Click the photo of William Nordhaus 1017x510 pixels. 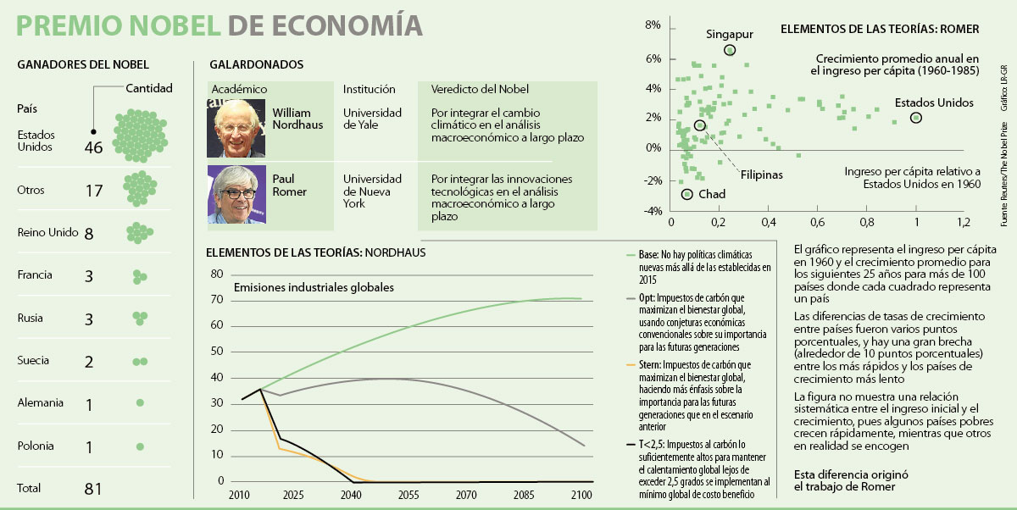(x=236, y=128)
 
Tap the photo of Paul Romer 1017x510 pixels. (x=236, y=194)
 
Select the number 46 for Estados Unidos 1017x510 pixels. (x=93, y=147)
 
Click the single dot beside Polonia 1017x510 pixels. (x=140, y=446)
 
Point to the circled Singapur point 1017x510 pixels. (x=730, y=51)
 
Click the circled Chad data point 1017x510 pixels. (x=686, y=194)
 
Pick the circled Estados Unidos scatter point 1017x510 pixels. (x=915, y=118)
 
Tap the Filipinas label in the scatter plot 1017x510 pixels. (x=761, y=175)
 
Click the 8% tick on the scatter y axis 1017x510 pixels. (x=653, y=26)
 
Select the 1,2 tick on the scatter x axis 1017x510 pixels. (x=964, y=223)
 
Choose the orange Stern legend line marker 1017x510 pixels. (x=630, y=366)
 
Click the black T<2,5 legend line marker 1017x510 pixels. (x=630, y=442)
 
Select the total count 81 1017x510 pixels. (x=93, y=489)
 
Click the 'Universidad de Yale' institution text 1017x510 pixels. (x=372, y=119)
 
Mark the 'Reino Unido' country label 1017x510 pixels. (x=47, y=233)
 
